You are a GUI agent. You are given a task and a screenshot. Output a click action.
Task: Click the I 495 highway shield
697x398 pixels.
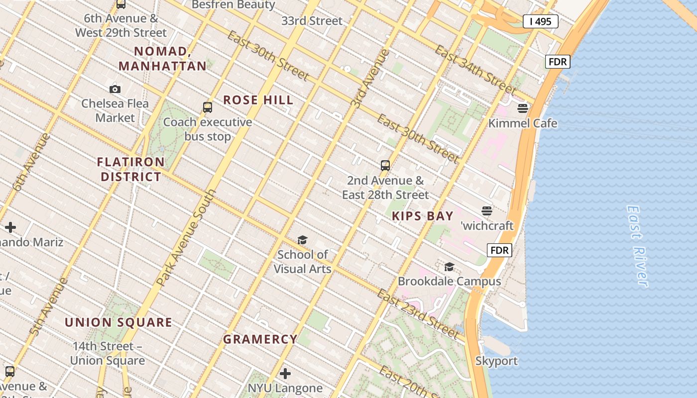pyautogui.click(x=540, y=21)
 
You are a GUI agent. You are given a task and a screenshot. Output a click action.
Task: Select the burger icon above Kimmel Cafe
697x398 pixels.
pyautogui.click(x=523, y=108)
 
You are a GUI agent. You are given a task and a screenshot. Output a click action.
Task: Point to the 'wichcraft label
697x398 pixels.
pyautogui.click(x=487, y=226)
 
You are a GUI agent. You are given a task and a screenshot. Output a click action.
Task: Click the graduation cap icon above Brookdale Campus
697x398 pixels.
pyautogui.click(x=449, y=267)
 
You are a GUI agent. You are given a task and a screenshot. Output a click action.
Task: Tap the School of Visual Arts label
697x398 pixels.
pyautogui.click(x=302, y=262)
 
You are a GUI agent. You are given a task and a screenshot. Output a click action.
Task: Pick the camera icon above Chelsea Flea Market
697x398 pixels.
pyautogui.click(x=115, y=89)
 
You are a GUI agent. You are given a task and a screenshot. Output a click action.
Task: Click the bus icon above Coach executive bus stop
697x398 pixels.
pyautogui.click(x=208, y=107)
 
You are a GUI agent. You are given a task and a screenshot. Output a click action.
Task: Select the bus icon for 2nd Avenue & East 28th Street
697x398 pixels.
pyautogui.click(x=385, y=166)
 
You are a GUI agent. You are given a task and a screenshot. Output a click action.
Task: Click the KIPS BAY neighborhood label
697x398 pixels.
pyautogui.click(x=423, y=216)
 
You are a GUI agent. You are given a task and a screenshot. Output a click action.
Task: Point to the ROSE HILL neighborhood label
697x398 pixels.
pyautogui.click(x=258, y=100)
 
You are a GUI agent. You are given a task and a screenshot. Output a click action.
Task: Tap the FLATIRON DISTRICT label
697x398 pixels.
pyautogui.click(x=131, y=169)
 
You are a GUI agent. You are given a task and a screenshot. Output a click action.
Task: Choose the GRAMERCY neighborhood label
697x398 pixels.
pyautogui.click(x=260, y=339)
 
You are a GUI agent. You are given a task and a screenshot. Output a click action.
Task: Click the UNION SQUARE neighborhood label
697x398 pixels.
pyautogui.click(x=118, y=322)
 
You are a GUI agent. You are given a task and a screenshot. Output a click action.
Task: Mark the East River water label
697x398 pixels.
pyautogui.click(x=638, y=246)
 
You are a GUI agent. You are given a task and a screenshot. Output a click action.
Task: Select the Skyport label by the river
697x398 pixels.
pyautogui.click(x=496, y=361)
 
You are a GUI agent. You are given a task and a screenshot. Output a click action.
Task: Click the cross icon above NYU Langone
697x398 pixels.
pyautogui.click(x=285, y=373)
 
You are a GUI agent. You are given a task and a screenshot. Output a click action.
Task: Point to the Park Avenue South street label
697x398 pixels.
pyautogui.click(x=187, y=237)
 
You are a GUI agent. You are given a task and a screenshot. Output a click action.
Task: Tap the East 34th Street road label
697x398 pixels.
pyautogui.click(x=475, y=70)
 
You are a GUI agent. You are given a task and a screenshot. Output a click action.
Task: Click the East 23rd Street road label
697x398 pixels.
pyautogui.click(x=417, y=313)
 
